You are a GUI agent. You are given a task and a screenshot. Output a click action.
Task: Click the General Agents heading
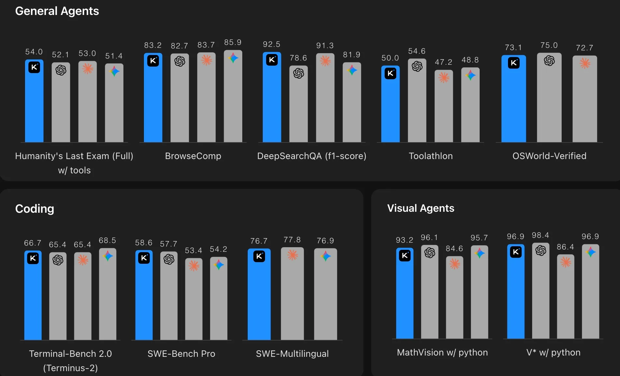(57, 11)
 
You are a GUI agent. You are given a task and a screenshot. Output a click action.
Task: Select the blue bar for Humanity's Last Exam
(34, 104)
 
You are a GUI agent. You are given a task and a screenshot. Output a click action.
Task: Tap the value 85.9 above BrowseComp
(233, 42)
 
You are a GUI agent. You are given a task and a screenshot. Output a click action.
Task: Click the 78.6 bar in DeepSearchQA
(299, 107)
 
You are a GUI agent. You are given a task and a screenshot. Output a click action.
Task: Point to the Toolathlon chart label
(430, 156)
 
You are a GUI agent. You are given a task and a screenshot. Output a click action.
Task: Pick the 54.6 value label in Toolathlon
(417, 51)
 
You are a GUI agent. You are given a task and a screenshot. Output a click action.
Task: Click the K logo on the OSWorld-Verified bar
(514, 63)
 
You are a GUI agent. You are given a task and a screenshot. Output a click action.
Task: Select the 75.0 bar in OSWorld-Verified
(549, 101)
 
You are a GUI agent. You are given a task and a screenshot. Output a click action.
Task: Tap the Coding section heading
(35, 209)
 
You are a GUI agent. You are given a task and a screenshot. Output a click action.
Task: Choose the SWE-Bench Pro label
(181, 354)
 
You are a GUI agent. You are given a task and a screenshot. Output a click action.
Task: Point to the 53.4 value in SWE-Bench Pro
(193, 250)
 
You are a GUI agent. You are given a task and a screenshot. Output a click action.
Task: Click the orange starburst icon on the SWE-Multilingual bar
(292, 255)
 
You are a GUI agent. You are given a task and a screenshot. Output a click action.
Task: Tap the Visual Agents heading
(421, 208)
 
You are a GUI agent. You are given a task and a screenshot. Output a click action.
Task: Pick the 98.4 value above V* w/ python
(541, 235)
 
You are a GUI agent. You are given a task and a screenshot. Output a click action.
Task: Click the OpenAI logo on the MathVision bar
(430, 253)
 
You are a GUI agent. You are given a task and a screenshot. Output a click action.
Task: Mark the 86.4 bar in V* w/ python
(566, 299)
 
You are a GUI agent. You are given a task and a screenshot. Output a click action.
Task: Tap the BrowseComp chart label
(193, 156)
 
